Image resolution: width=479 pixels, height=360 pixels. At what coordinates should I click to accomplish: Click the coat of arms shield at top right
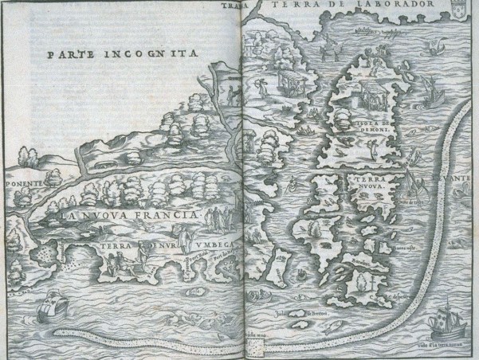coord(461,11)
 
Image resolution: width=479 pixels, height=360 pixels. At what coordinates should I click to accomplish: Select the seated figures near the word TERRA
coord(142,256)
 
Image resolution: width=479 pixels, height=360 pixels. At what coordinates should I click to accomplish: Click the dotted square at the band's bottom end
coord(251,348)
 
